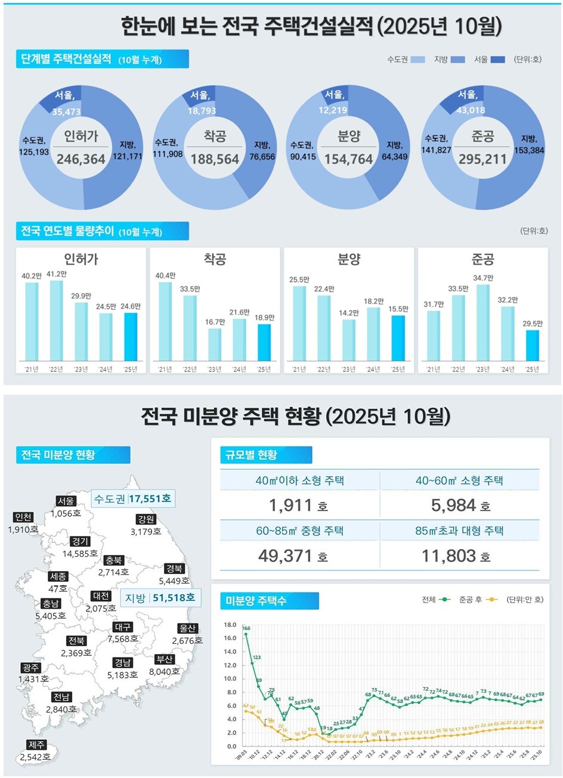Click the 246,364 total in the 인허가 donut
point(81,159)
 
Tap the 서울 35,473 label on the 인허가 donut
point(66,103)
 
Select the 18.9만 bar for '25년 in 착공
point(264,342)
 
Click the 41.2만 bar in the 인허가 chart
point(56,320)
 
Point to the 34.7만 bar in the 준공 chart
point(482,323)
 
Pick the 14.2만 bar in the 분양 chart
point(349,340)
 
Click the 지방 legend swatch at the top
point(458,59)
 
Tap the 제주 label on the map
point(36,745)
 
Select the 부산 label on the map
point(164,659)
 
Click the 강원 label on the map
point(146,520)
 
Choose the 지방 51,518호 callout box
point(160,597)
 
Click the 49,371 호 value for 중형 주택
point(293,556)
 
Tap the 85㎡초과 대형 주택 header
point(459,531)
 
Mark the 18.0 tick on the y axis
point(230,625)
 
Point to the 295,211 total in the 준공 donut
point(482,159)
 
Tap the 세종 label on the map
point(58,576)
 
